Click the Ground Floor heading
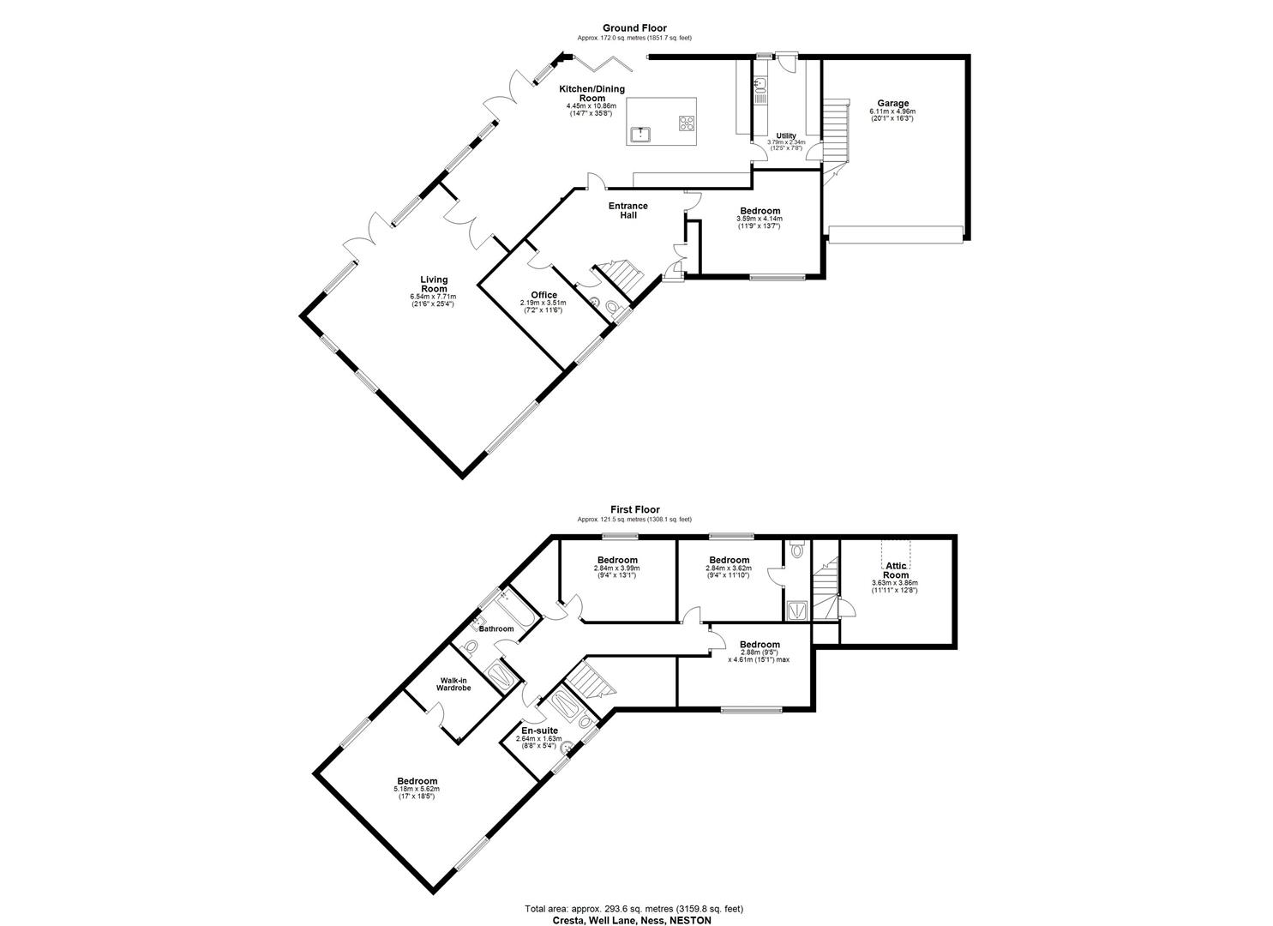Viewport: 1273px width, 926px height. coord(633,28)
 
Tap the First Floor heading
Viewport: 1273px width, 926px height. coord(633,509)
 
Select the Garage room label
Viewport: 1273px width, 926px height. coord(892,104)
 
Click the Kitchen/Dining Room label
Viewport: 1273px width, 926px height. coord(591,93)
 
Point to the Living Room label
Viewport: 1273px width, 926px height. coord(434,284)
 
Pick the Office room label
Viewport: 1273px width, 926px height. coord(543,295)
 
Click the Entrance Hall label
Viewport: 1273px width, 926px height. coord(628,210)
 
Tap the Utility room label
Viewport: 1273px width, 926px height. coord(785,136)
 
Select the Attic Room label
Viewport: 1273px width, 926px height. coord(896,570)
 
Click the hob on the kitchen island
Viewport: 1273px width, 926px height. coord(688,123)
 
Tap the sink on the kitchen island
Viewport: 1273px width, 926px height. coord(639,134)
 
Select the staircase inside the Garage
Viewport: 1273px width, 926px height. coord(836,129)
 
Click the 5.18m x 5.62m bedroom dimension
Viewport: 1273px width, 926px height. coord(416,790)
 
